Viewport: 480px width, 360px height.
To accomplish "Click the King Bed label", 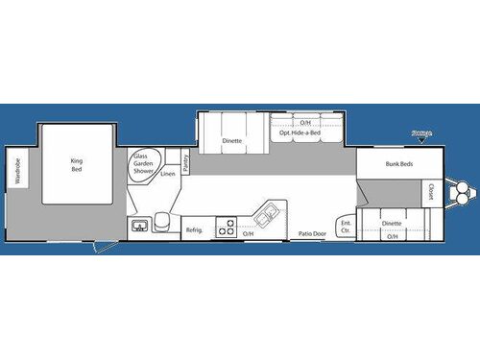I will click(78, 164).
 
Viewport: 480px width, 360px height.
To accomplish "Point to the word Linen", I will click(169, 175).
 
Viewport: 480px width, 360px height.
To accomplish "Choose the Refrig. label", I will click(193, 229).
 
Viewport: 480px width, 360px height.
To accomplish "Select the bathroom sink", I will click(140, 226).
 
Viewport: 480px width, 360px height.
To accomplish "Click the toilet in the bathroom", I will click(164, 224).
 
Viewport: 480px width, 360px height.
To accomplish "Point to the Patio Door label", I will click(311, 233).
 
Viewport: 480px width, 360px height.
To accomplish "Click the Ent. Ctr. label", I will click(346, 227).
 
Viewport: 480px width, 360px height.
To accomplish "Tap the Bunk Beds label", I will click(398, 164).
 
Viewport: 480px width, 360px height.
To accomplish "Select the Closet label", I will click(430, 191).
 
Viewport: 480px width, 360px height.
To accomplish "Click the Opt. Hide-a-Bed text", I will click(300, 133).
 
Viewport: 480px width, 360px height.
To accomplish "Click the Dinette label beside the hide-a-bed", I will click(231, 140).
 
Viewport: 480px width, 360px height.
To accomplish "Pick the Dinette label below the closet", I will click(391, 224).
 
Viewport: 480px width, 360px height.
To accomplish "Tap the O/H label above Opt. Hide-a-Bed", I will click(305, 123).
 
